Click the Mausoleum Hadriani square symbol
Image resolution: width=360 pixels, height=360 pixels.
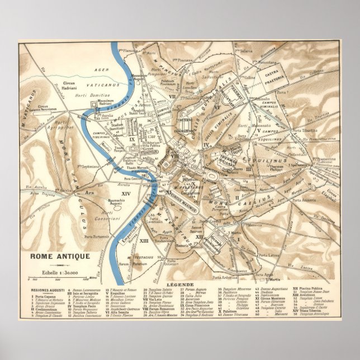pyautogui.click(x=106, y=108)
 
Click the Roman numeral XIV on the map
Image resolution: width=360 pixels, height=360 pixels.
pyautogui.click(x=125, y=193)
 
